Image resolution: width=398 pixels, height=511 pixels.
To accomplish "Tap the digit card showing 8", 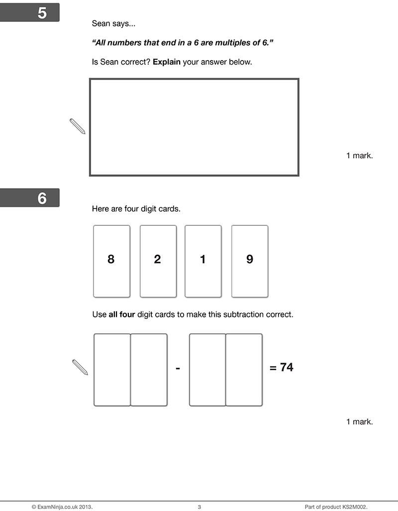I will (111, 261).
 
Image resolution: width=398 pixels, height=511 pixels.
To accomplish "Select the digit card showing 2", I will (158, 261).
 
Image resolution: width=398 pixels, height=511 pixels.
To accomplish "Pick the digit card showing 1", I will (203, 261).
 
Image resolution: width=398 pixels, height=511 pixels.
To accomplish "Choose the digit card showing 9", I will (250, 261).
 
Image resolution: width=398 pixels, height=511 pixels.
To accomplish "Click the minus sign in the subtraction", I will (178, 368).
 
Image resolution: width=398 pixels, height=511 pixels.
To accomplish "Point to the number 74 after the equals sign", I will (287, 367).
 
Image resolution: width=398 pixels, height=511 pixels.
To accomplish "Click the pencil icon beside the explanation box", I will (78, 126).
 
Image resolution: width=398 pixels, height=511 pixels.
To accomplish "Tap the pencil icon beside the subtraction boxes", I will (80, 367).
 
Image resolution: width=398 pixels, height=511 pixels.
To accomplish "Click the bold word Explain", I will (167, 62).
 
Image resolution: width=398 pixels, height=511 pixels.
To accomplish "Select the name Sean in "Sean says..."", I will (101, 23).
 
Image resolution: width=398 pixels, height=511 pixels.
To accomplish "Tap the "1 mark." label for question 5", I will (359, 155).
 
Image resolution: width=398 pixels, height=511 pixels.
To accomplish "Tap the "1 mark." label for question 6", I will (359, 422).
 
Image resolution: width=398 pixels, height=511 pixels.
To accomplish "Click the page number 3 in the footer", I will (199, 507).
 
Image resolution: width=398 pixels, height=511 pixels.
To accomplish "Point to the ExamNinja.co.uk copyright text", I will (62, 507).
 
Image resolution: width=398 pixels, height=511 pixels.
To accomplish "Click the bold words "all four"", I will (122, 315).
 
